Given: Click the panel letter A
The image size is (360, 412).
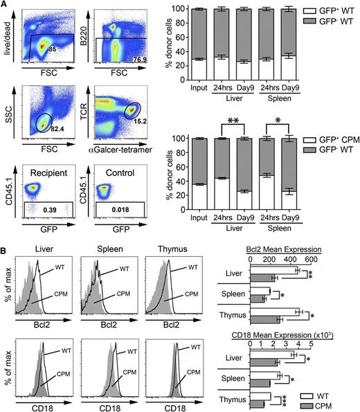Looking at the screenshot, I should pos(6,6).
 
